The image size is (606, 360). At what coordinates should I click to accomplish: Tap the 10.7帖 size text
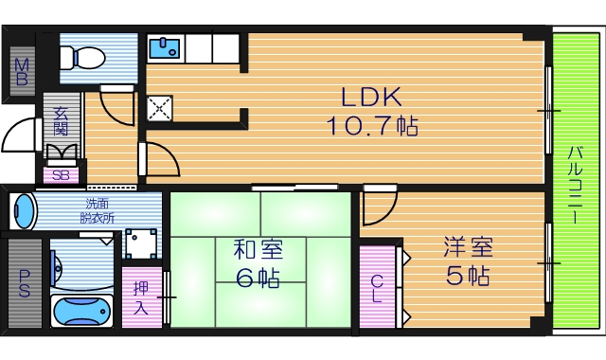373,124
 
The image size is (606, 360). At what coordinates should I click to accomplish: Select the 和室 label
258,250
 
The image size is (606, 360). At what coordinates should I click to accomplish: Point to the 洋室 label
469,249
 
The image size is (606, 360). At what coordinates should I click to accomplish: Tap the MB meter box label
21,70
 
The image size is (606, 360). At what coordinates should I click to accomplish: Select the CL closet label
377,287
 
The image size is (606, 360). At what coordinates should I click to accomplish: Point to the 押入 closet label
140,298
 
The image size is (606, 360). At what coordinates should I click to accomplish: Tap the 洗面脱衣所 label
97,210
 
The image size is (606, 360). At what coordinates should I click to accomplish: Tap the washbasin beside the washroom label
24,210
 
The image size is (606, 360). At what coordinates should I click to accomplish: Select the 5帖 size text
469,278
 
